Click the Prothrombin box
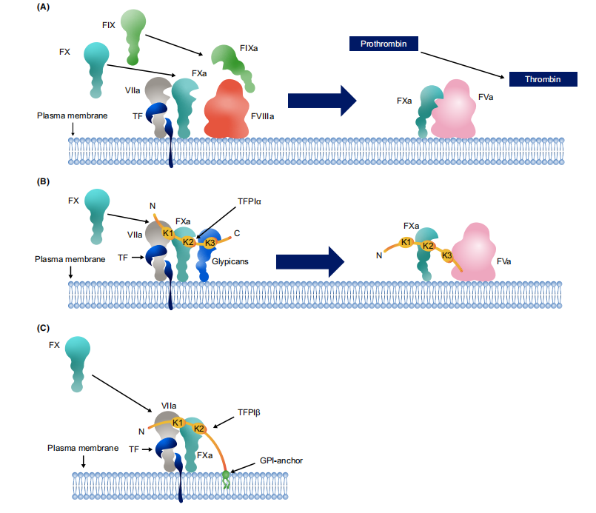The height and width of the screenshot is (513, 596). click(x=383, y=44)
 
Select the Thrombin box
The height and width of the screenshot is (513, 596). click(x=543, y=78)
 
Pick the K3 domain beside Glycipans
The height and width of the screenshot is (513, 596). click(x=210, y=242)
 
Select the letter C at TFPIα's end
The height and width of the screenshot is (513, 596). click(x=236, y=232)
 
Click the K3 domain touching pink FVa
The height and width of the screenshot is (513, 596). click(x=447, y=256)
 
